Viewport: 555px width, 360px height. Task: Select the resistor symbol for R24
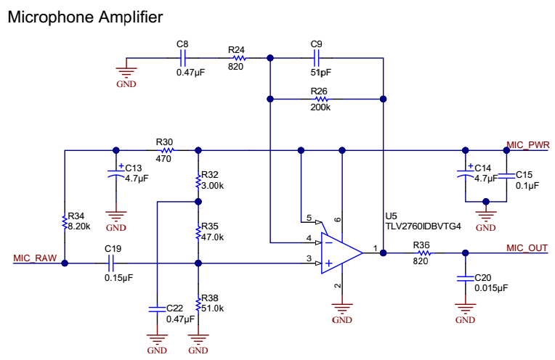click(238, 58)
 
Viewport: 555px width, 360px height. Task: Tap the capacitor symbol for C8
click(183, 58)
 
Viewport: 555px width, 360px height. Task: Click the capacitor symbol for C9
click(316, 58)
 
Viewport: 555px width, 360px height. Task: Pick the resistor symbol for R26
click(319, 98)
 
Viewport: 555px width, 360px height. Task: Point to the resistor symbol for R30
click(165, 151)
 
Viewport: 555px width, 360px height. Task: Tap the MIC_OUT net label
click(526, 248)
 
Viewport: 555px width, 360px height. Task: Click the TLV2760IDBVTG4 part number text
click(423, 226)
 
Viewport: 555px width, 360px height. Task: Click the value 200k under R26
click(320, 107)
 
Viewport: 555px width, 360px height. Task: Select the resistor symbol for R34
click(65, 221)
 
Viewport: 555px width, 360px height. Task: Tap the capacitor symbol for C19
click(113, 264)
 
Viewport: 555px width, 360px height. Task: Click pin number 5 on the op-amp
click(309, 218)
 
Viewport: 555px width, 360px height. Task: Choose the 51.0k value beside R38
click(214, 308)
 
